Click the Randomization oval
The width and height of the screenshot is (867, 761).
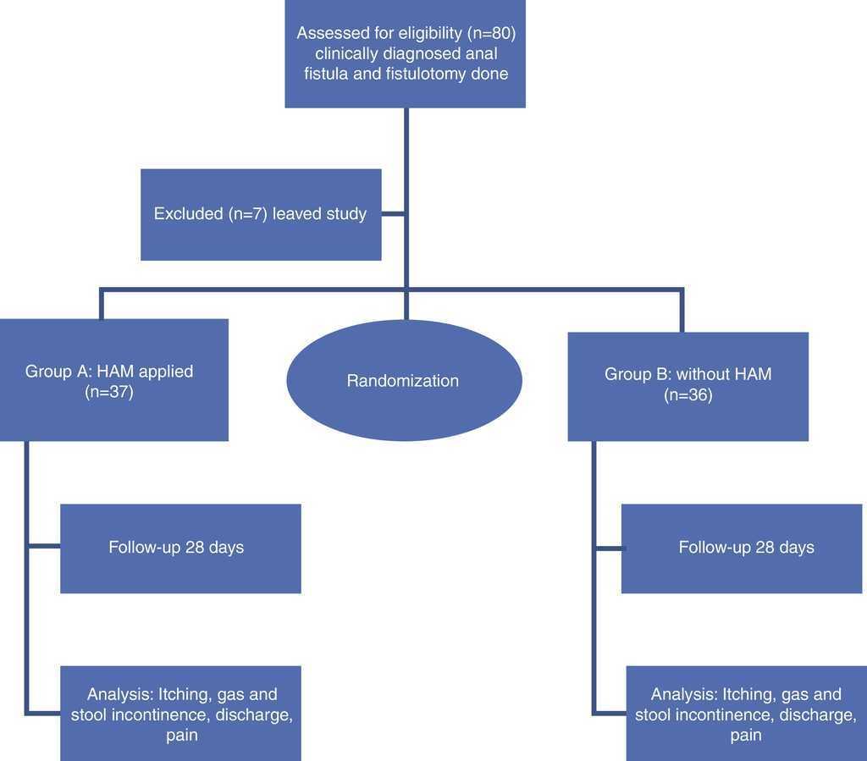pyautogui.click(x=404, y=381)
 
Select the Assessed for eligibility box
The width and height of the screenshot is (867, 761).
pyautogui.click(x=405, y=53)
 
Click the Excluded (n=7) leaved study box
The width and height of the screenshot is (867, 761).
pyautogui.click(x=260, y=214)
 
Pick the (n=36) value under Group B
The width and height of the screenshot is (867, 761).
pyautogui.click(x=688, y=394)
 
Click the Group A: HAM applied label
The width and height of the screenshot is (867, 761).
pyautogui.click(x=109, y=371)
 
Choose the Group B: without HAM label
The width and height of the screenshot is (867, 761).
pyautogui.click(x=688, y=373)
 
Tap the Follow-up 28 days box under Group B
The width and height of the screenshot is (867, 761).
pyautogui.click(x=746, y=548)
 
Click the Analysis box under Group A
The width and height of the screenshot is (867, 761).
pyautogui.click(x=180, y=714)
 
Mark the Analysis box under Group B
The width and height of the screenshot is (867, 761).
pyautogui.click(x=746, y=714)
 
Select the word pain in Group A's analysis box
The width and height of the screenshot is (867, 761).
pyautogui.click(x=181, y=735)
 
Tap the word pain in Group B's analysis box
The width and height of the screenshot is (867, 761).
pyautogui.click(x=746, y=736)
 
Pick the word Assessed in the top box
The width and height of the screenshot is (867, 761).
pyautogui.click(x=329, y=34)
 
